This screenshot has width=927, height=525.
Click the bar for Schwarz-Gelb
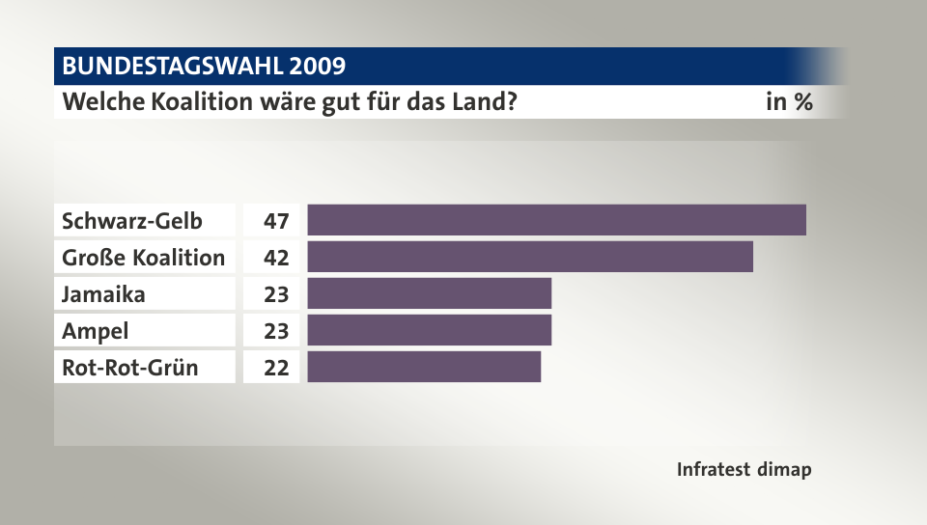[x=556, y=220]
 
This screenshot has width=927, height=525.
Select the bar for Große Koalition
[x=530, y=257]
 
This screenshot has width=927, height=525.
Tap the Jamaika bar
[x=429, y=293]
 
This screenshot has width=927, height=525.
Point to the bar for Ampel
[x=429, y=330]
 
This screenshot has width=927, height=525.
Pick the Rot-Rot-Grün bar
[x=424, y=367]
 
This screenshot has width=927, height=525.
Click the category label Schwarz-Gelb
[x=132, y=221]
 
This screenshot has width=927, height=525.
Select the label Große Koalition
[x=143, y=258]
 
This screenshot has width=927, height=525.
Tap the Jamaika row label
[x=103, y=294]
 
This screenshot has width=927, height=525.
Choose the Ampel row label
[x=95, y=331]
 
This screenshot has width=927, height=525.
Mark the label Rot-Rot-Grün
[x=130, y=368]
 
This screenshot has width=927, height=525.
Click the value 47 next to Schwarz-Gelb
[x=276, y=221]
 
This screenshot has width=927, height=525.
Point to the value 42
[x=276, y=258]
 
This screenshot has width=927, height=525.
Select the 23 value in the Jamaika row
[x=276, y=294]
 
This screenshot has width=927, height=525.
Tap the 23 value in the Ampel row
[x=276, y=331]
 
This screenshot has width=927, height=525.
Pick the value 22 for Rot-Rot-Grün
[x=276, y=368]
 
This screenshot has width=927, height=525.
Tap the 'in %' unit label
[x=788, y=101]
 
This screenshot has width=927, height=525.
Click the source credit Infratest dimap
[x=744, y=470]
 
